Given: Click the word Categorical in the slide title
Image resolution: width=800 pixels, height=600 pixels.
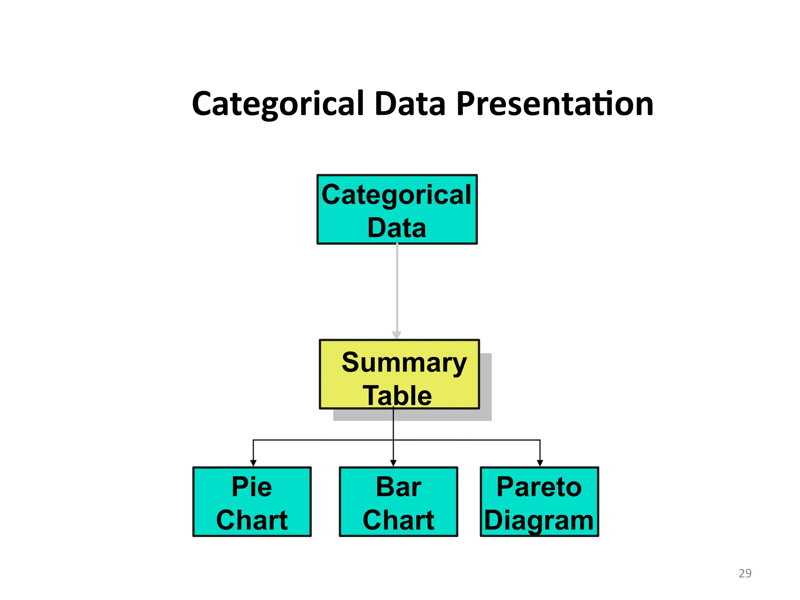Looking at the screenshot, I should coord(278,104).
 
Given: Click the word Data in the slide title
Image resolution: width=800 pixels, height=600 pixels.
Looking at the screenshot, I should coord(410,104).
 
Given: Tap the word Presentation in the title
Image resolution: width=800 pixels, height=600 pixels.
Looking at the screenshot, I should coord(555,104).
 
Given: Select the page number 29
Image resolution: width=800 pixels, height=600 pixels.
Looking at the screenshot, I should coord(745,573).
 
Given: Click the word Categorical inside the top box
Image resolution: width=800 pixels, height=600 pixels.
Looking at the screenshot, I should coord(396,195).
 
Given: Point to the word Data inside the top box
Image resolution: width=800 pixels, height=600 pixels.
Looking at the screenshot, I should coord(396,228).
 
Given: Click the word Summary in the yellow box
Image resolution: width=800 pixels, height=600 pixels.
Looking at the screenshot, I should coord(404,362).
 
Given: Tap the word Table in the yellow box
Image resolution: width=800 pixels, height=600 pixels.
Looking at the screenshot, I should coord(397,395).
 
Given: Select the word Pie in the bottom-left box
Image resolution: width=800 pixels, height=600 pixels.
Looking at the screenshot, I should coord(252,487).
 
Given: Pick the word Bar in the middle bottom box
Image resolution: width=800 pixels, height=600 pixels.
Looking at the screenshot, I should coord(398,487).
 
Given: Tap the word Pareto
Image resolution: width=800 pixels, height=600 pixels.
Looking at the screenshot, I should coord(539,487).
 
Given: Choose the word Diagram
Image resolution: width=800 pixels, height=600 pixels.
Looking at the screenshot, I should coord(539,521).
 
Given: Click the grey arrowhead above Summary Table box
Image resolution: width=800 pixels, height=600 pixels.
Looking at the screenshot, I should coord(397,335).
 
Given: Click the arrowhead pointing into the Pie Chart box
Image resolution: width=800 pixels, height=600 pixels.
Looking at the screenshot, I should coord(253,463).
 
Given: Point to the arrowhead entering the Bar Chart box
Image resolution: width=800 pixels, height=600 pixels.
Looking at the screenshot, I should coord(393,463).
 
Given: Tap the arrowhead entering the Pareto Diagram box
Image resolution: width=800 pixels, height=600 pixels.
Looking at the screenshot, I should coord(540,463).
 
